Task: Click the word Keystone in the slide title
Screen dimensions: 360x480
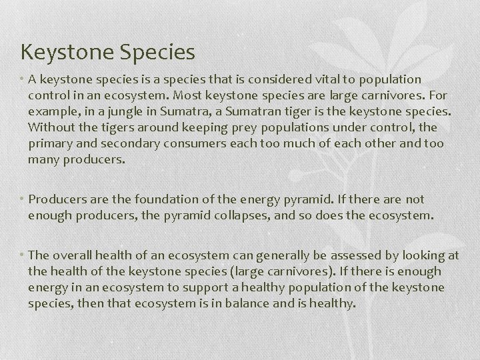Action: coord(60,52)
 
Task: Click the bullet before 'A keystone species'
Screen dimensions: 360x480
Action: coord(23,79)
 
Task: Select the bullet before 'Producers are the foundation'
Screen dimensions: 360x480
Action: coord(23,199)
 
